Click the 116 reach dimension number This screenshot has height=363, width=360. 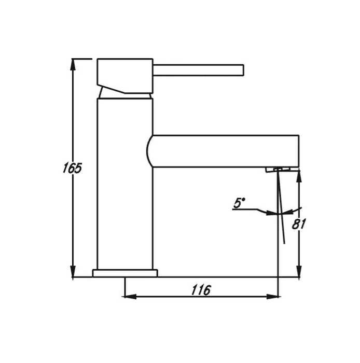(x=201, y=290)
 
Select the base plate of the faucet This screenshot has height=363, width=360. (x=124, y=273)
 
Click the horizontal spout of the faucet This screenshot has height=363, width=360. (x=223, y=151)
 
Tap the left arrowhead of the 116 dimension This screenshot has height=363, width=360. (x=128, y=297)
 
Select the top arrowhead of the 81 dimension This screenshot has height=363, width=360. (x=299, y=175)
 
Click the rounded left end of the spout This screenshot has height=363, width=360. (x=150, y=151)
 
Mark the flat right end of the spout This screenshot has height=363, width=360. (x=298, y=151)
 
